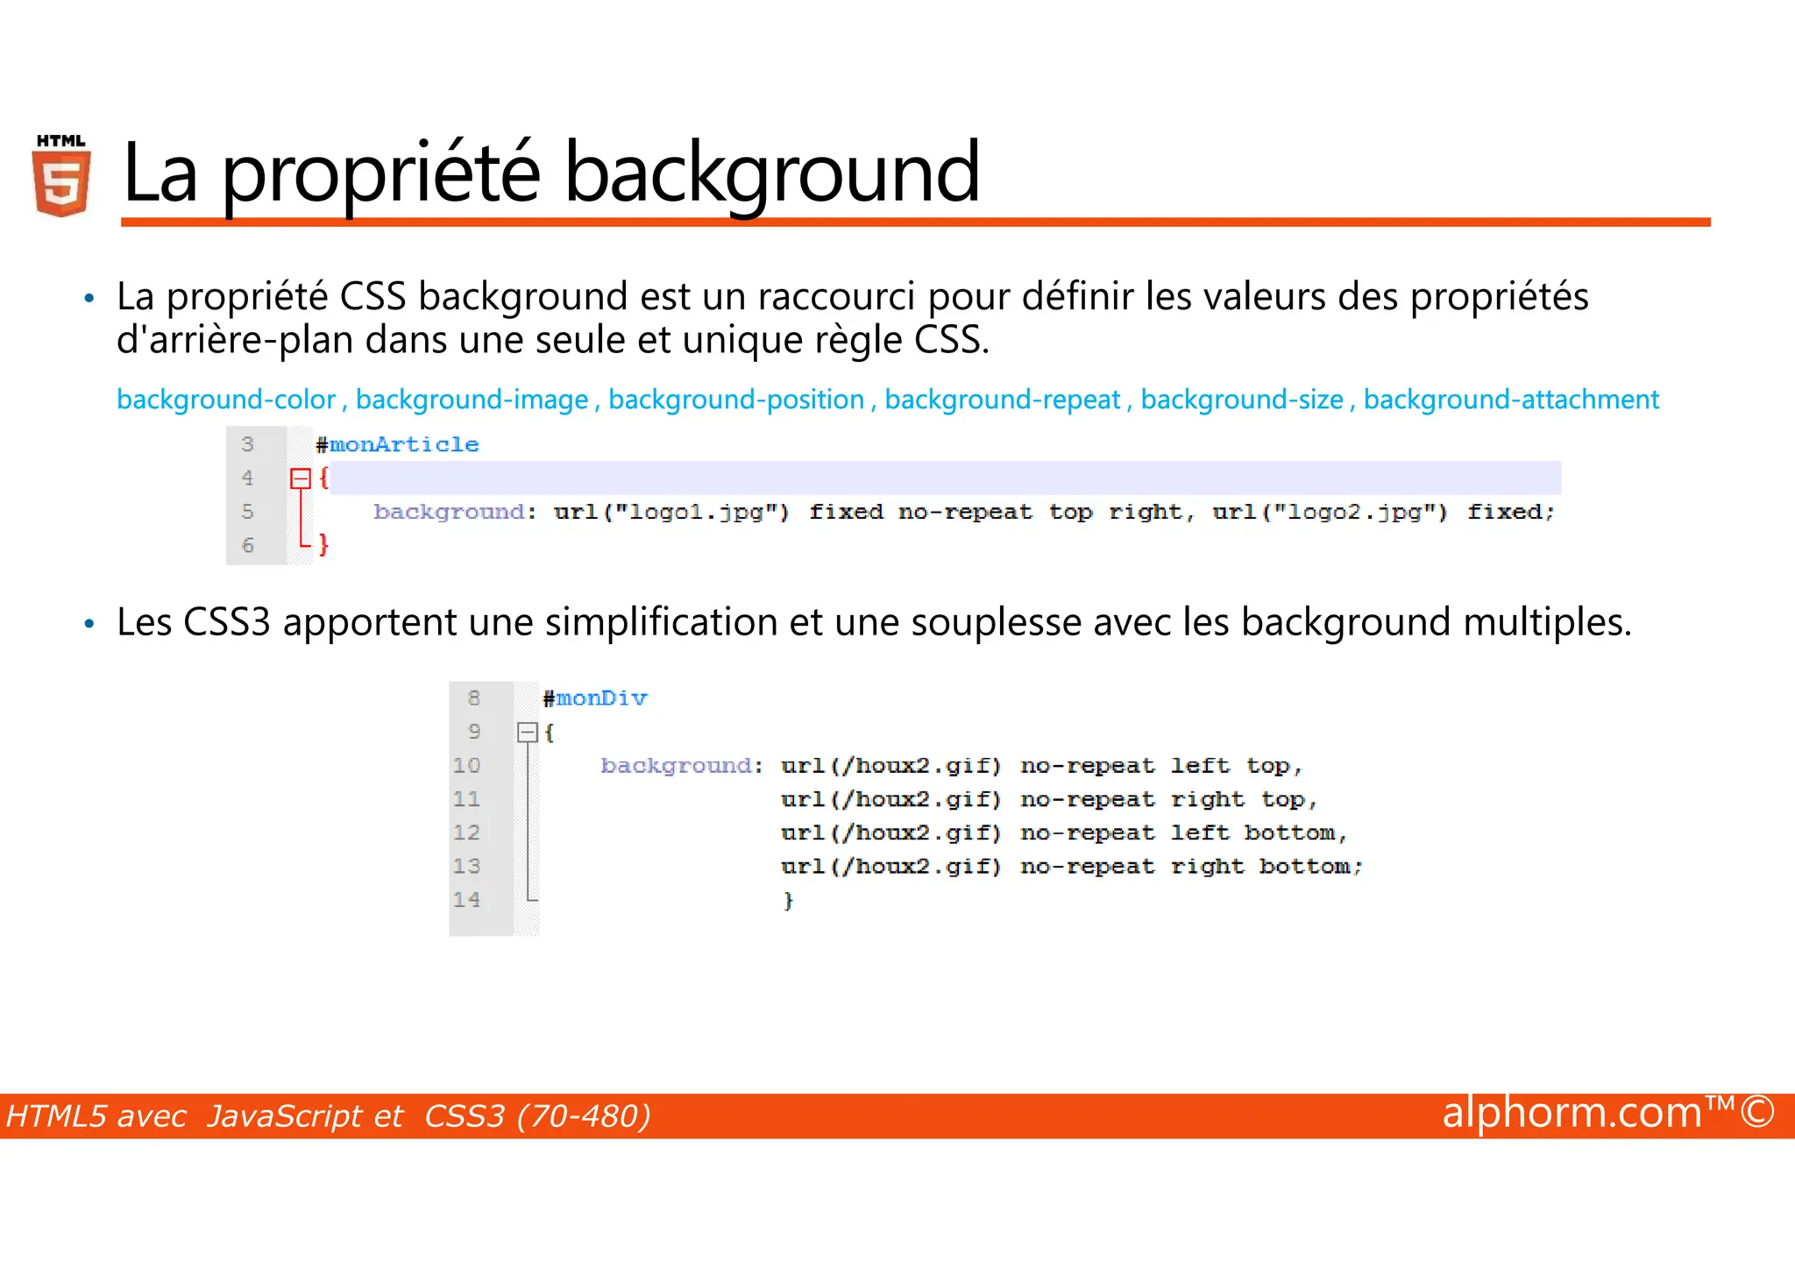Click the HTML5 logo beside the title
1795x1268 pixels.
coord(61,175)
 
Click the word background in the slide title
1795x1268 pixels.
coord(771,174)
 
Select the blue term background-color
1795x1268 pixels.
coord(226,400)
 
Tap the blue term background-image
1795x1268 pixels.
coord(472,400)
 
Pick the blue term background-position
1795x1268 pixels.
coord(736,400)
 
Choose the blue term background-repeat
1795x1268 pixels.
coord(1002,400)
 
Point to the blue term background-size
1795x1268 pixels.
coord(1241,400)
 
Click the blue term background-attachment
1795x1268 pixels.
coord(1511,400)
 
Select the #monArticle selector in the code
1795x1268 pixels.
coord(398,445)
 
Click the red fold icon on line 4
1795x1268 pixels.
coord(301,478)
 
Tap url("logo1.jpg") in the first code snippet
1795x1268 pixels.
coord(671,512)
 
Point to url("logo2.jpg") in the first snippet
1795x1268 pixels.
coord(1330,512)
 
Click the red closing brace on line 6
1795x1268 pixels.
coord(323,545)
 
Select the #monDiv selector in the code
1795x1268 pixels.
coord(595,698)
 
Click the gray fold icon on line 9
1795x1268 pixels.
coord(527,733)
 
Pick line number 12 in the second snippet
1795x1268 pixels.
coord(466,832)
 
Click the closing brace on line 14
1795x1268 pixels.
coord(788,901)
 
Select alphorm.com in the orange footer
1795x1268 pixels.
coord(1572,1113)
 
